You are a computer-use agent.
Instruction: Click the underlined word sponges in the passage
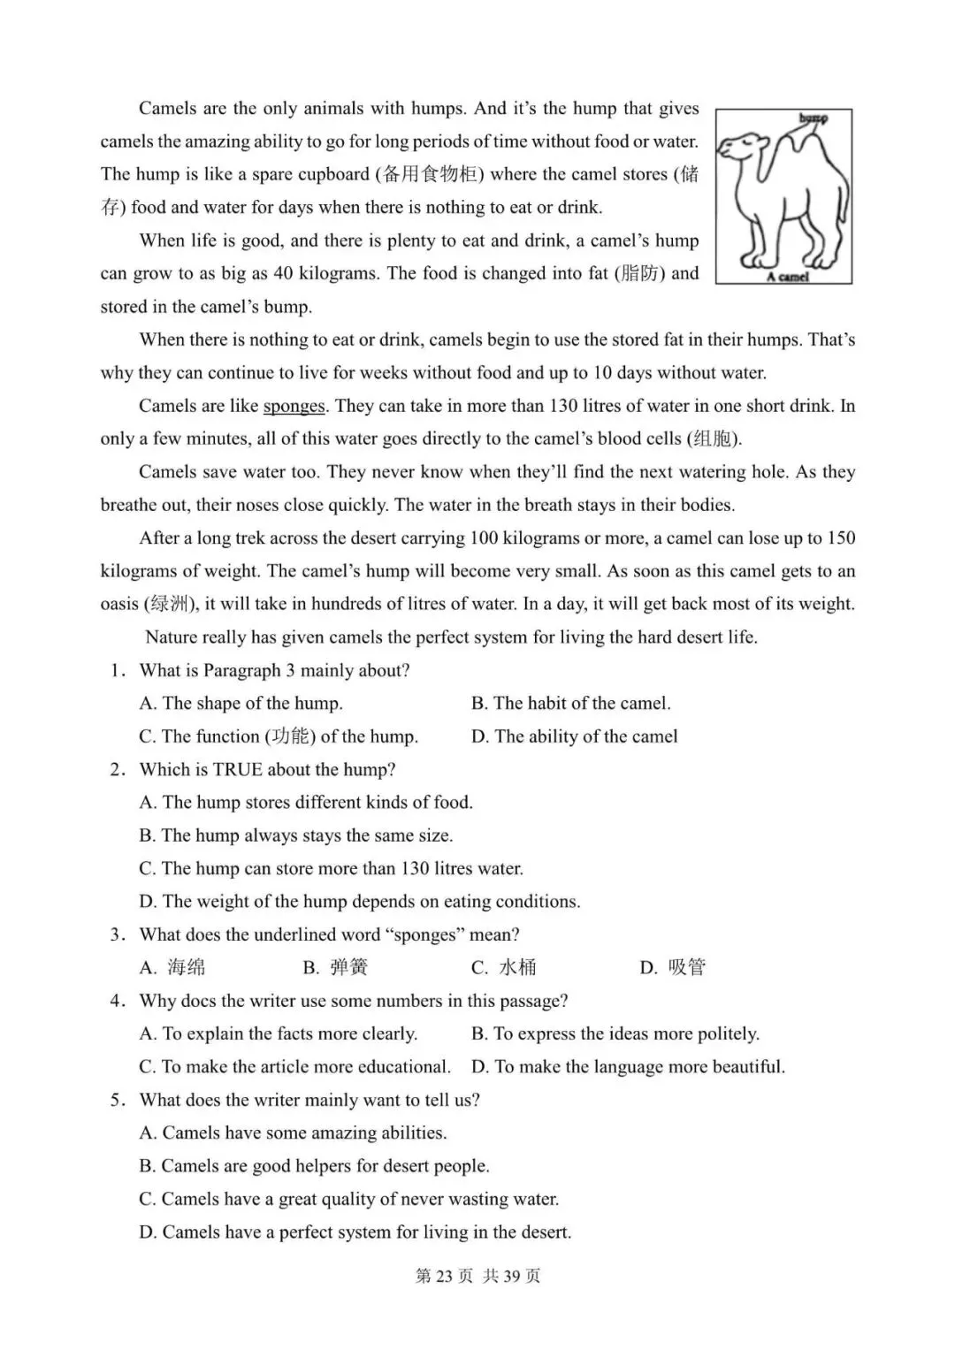coord(294,407)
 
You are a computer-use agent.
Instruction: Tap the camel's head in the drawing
coord(741,147)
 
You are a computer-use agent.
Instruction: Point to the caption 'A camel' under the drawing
coord(786,277)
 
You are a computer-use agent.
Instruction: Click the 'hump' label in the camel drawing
coord(813,118)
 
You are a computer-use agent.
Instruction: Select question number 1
coord(117,671)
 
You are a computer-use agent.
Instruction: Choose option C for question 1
coord(279,736)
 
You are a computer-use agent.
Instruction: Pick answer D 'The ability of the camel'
coord(575,736)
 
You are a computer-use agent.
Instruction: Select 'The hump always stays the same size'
coord(295,836)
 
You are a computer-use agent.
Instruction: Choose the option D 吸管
coord(673,968)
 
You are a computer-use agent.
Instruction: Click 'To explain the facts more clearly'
coord(279,1034)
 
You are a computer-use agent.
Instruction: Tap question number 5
coord(117,1101)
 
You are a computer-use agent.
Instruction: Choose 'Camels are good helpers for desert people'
coord(314,1167)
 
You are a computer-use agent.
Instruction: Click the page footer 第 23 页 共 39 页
coord(477,1276)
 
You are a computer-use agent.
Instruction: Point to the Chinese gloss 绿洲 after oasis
coord(169,605)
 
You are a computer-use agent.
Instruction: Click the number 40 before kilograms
coord(283,274)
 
